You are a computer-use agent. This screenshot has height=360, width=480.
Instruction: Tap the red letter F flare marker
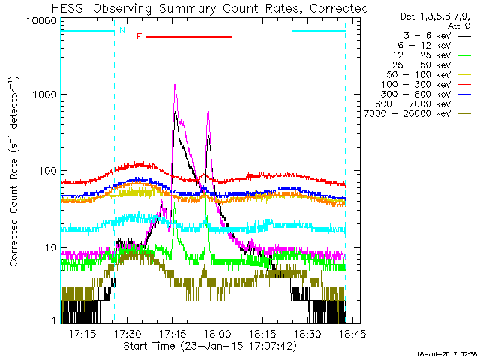coord(139,36)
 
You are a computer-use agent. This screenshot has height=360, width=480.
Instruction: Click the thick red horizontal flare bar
coord(189,36)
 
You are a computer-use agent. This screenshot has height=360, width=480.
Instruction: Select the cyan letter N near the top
coord(122,30)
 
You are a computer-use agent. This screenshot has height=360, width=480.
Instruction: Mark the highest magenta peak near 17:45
coord(175,85)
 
